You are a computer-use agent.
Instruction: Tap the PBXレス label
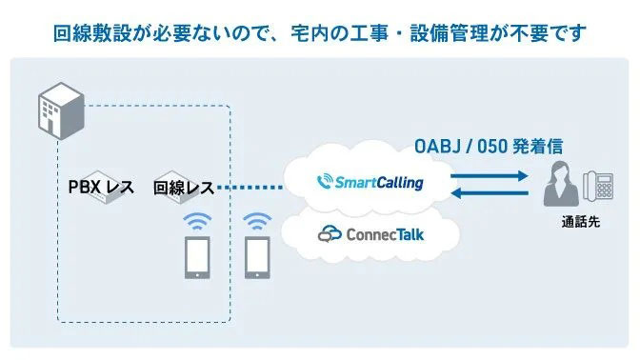[101, 188]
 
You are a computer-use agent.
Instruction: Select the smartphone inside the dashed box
[197, 258]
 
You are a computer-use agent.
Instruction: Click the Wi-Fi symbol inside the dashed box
[197, 222]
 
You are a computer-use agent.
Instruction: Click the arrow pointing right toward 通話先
[488, 176]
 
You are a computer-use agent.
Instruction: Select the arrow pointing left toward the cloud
[488, 194]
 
